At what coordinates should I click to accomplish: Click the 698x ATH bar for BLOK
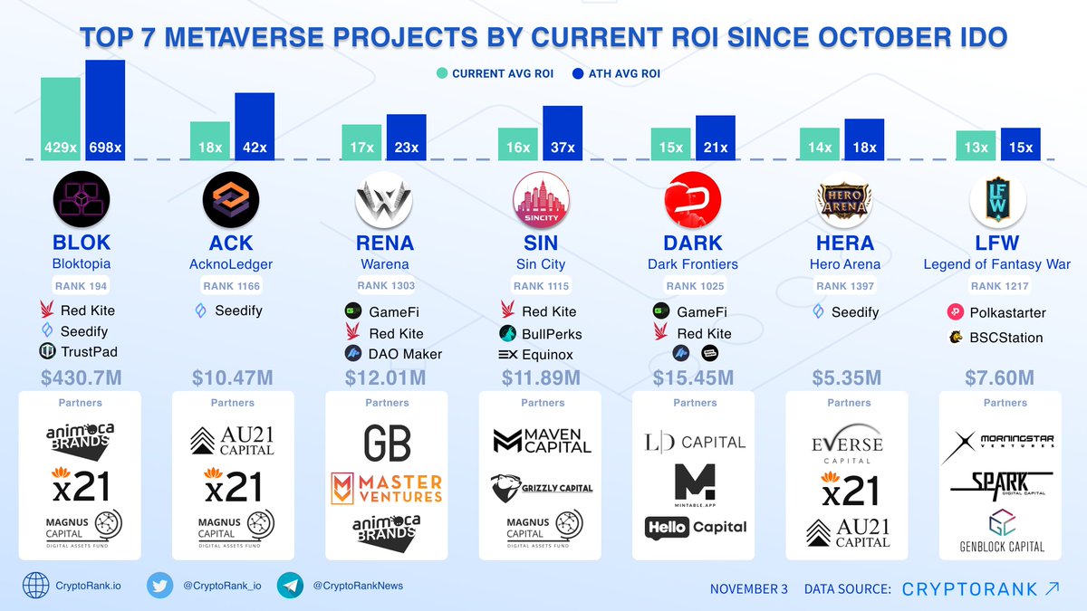pos(105,110)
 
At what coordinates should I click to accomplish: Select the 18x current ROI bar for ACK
pos(210,140)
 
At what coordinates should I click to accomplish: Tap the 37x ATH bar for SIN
pos(562,133)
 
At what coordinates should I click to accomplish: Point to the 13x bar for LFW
pos(976,145)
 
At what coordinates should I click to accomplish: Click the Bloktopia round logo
pos(82,200)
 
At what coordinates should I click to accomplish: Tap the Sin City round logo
pos(540,200)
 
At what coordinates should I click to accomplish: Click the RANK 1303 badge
pos(386,286)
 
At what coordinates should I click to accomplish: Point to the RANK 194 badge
pos(82,286)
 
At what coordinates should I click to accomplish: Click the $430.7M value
pos(82,376)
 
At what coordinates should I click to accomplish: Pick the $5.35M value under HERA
pos(849,376)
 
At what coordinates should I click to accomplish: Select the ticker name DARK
pos(693,243)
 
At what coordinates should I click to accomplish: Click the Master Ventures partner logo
pos(386,488)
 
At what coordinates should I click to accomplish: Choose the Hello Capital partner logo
pos(696,527)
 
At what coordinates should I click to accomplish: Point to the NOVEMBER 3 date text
pos(748,589)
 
